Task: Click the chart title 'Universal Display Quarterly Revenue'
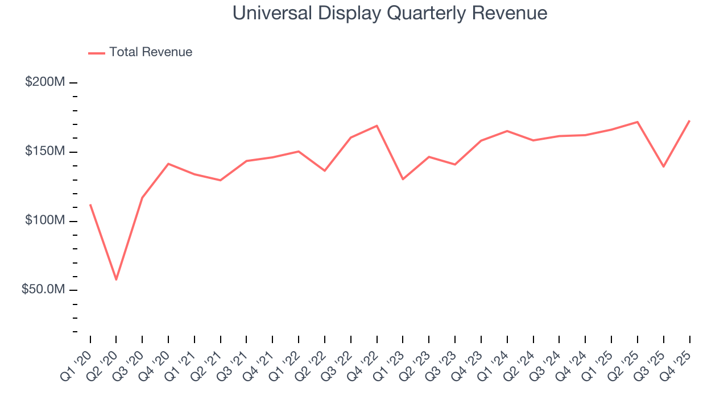click(x=390, y=13)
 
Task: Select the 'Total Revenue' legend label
click(x=151, y=52)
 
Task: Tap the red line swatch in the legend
click(x=97, y=53)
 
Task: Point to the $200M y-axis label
click(x=44, y=82)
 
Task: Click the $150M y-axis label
click(x=44, y=152)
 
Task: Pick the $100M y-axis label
click(x=44, y=220)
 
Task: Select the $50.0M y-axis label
click(x=43, y=290)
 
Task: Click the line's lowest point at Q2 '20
click(x=116, y=279)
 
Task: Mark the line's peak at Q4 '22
click(x=377, y=126)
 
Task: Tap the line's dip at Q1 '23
click(x=403, y=179)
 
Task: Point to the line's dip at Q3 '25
click(x=663, y=166)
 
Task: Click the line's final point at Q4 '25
click(x=689, y=120)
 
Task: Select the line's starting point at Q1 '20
click(x=90, y=204)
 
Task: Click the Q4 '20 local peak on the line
click(x=168, y=164)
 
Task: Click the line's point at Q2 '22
click(x=325, y=170)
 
